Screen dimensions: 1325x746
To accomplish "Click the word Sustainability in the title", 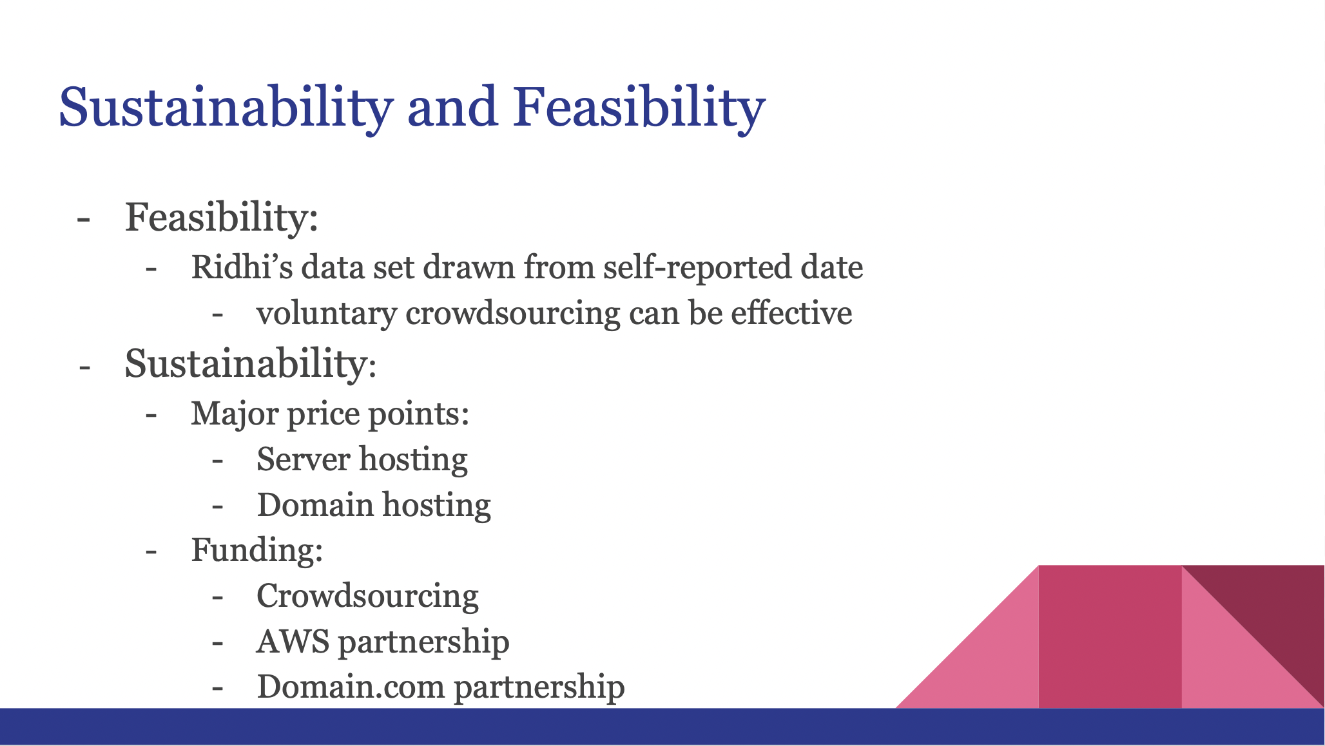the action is [x=226, y=108].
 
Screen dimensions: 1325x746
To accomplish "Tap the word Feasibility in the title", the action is [x=639, y=108].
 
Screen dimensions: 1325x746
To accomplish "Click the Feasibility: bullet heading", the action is [x=222, y=218].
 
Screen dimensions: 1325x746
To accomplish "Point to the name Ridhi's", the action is [x=242, y=267].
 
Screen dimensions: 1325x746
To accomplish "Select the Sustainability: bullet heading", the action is [x=251, y=365].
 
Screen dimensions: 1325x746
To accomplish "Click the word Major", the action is [x=235, y=414].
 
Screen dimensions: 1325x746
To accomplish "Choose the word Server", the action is [x=304, y=460].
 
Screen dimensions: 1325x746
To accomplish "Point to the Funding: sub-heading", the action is [x=257, y=551].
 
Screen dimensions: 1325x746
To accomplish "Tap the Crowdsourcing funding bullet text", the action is [x=368, y=597].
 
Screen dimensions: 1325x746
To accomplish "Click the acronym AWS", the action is [x=293, y=642].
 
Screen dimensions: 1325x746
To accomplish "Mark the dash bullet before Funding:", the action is [x=151, y=552].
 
